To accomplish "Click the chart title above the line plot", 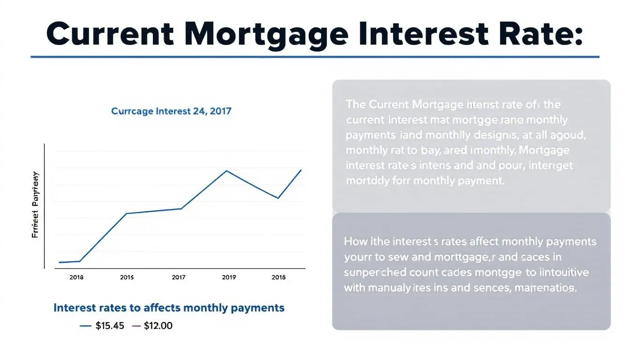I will pos(171,112).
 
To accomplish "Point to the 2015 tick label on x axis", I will pos(127,277).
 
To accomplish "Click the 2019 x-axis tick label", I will pos(229,277).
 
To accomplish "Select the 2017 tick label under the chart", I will pos(179,277).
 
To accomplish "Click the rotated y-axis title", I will pos(35,205).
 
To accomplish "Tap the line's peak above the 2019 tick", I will pos(227,171).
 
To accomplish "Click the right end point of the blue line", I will pos(301,170).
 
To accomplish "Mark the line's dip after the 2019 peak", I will pos(278,198).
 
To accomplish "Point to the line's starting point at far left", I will pos(60,262).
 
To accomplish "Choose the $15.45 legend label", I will pos(110,326).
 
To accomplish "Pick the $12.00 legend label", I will pos(157,326).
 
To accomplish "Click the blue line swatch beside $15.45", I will pos(86,326).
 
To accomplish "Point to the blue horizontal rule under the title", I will pos(315,57).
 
